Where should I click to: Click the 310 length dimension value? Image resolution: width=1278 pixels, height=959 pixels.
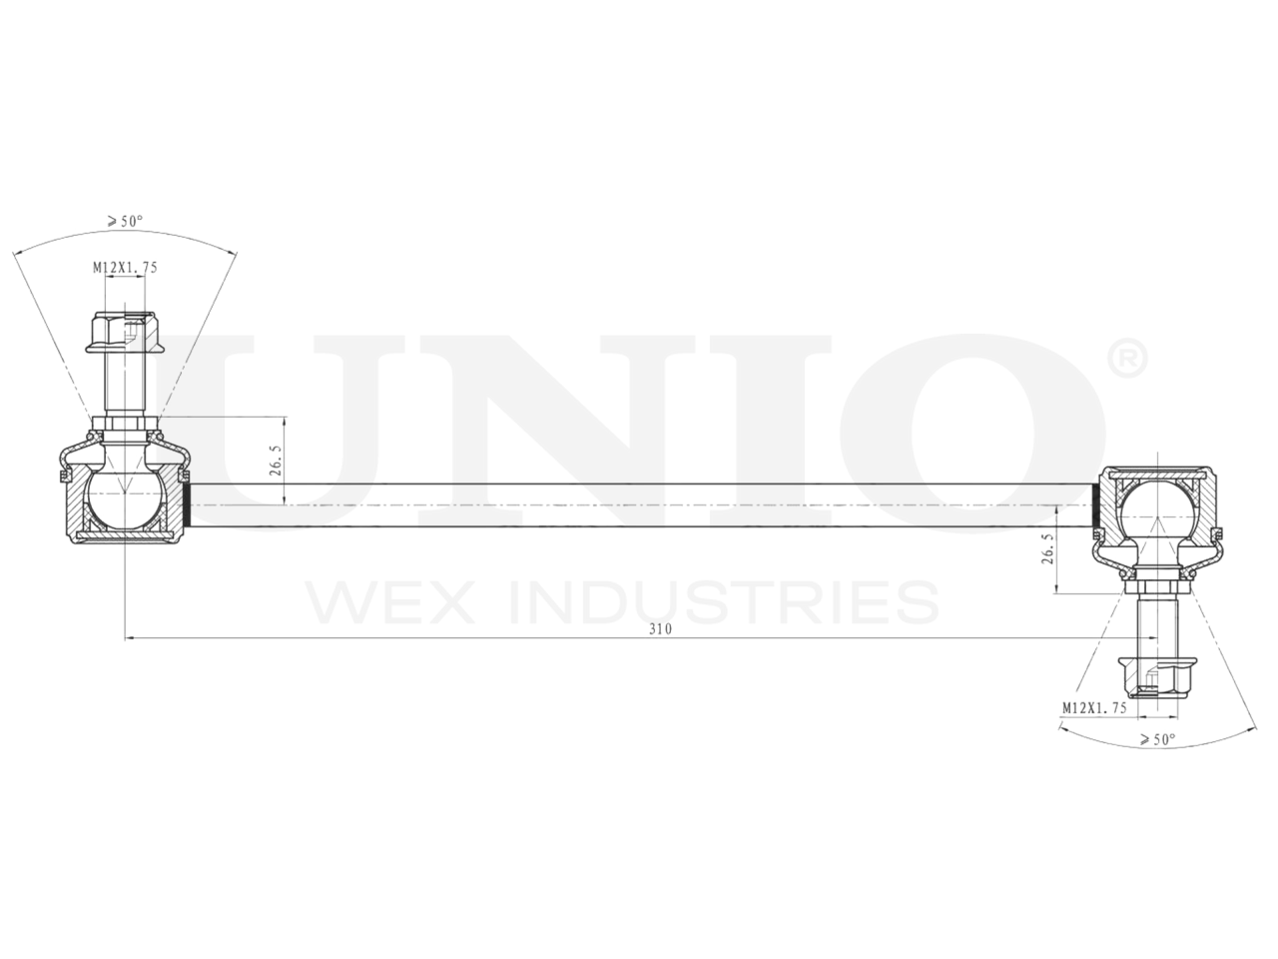[660, 629]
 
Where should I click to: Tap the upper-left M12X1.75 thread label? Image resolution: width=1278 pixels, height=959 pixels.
[126, 268]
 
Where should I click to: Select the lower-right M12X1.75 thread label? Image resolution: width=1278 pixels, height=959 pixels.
[1094, 707]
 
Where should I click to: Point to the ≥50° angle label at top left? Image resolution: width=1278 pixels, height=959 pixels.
[126, 221]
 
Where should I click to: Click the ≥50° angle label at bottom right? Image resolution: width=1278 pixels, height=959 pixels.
[1158, 740]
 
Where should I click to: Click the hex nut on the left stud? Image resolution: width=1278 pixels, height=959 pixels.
[124, 333]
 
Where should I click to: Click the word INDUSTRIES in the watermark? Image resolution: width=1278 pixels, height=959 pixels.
[724, 602]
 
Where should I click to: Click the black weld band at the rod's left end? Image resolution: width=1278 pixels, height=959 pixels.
[186, 503]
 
